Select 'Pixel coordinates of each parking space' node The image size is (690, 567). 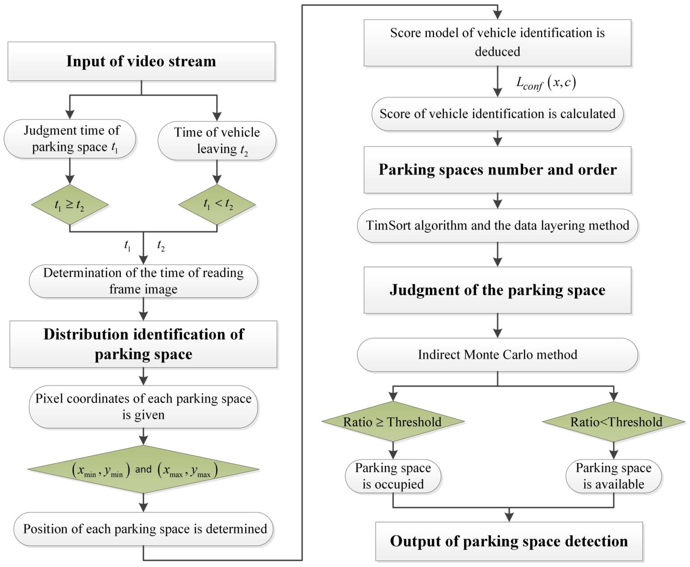[x=143, y=407]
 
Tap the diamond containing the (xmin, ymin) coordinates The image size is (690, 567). [x=143, y=469]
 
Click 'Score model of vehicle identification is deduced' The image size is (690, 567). [x=497, y=42]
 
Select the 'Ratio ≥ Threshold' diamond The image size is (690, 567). [x=393, y=422]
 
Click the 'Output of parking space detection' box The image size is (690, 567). [x=509, y=541]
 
